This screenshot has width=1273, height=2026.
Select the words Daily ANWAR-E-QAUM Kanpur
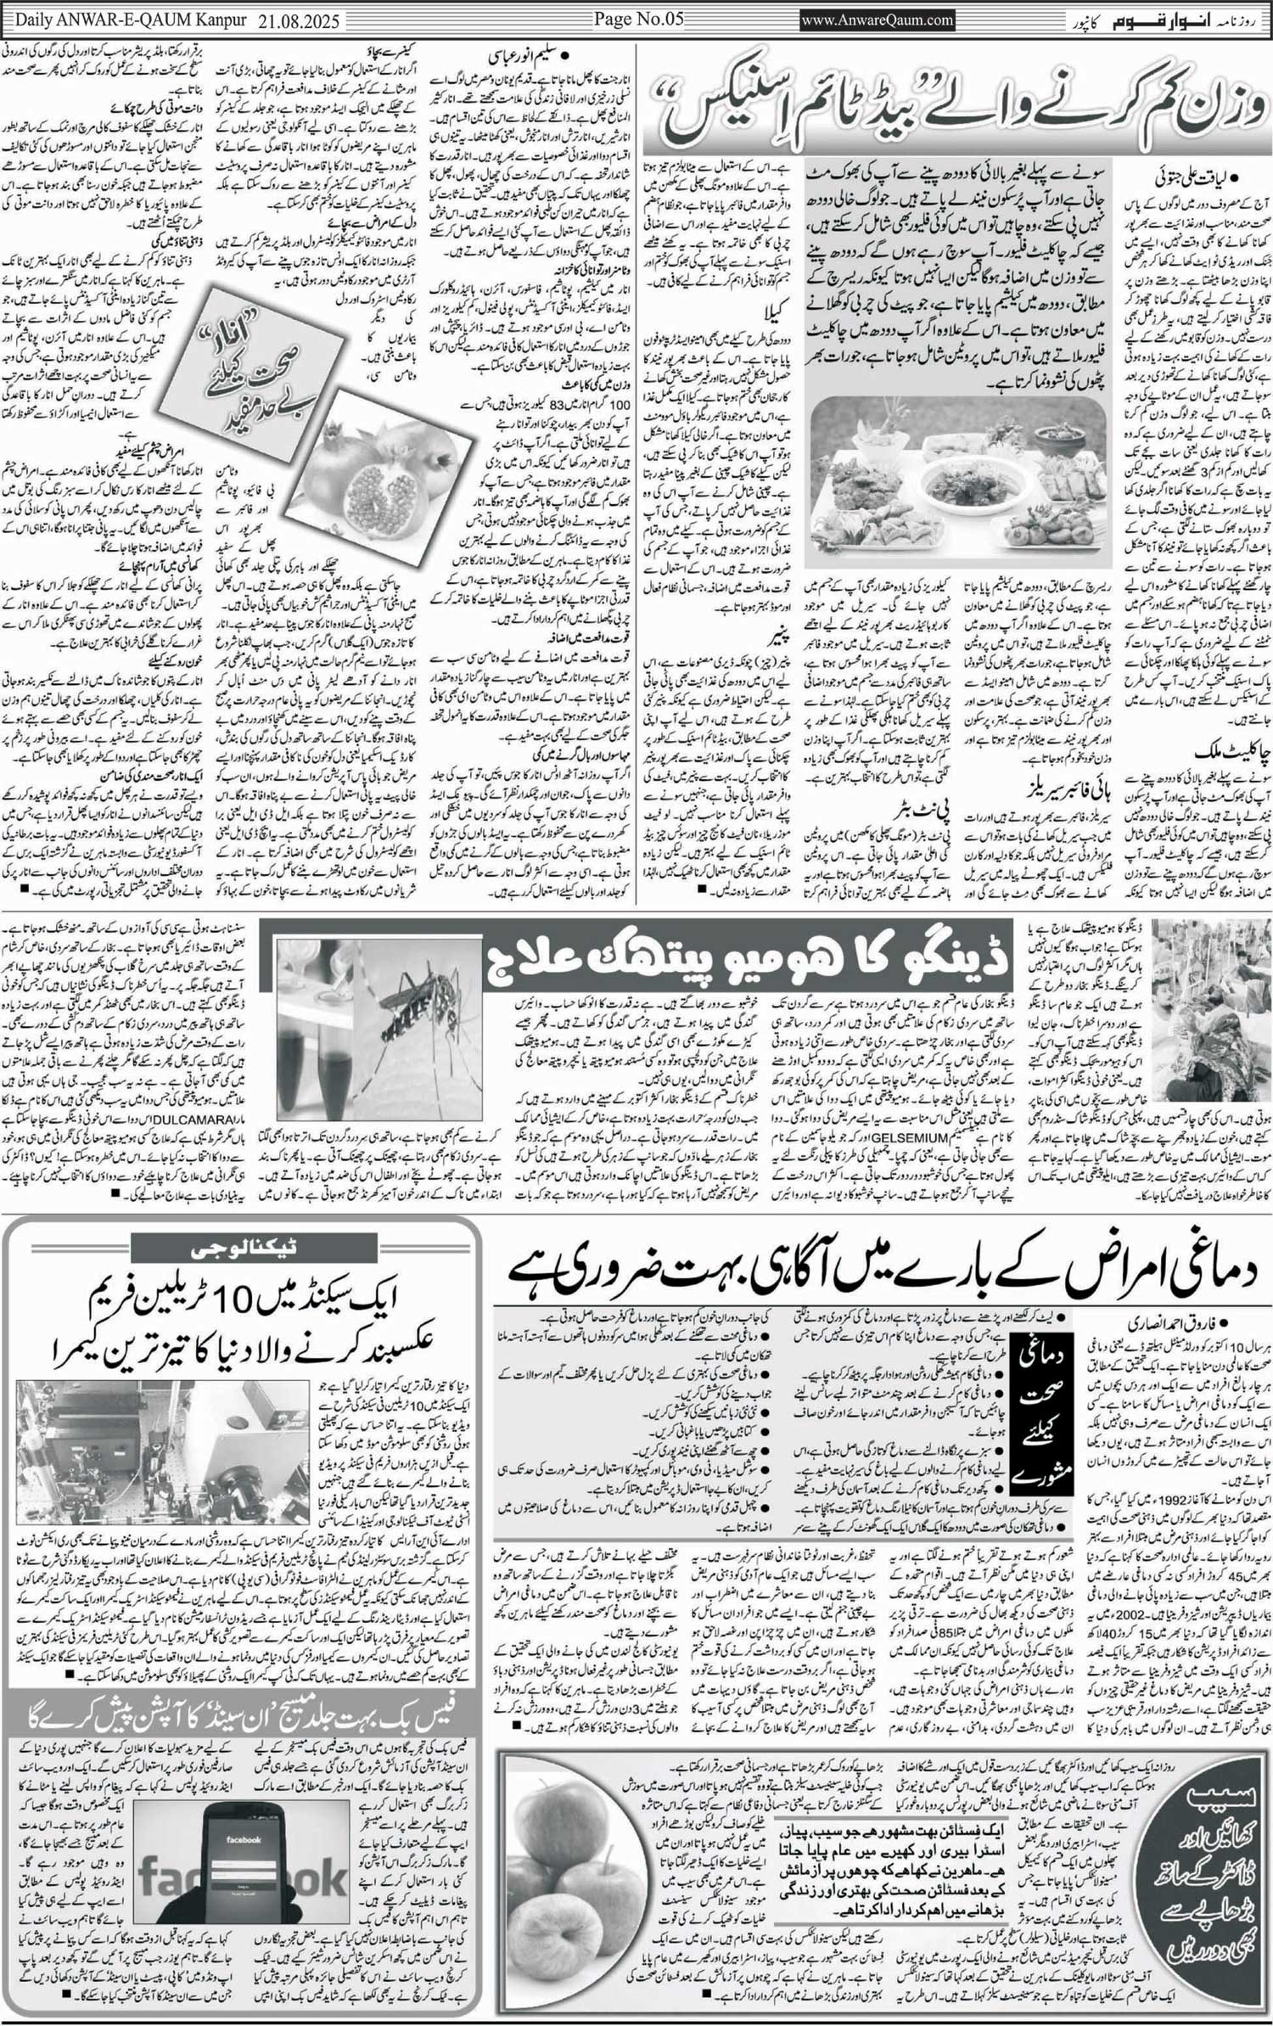tap(127, 20)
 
